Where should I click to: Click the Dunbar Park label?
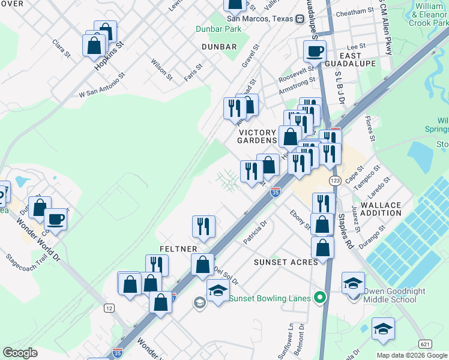pyautogui.click(x=218, y=29)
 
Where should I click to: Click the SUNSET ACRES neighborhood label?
pyautogui.click(x=286, y=262)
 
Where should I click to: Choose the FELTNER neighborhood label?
pyautogui.click(x=175, y=248)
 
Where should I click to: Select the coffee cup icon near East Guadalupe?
pyautogui.click(x=315, y=52)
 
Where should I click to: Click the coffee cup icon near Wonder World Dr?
pyautogui.click(x=56, y=219)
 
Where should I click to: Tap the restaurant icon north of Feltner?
pyautogui.click(x=203, y=226)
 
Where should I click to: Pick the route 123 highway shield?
pyautogui.click(x=335, y=180)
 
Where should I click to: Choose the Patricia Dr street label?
pyautogui.click(x=255, y=229)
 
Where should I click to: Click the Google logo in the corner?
pyautogui.click(x=20, y=353)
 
